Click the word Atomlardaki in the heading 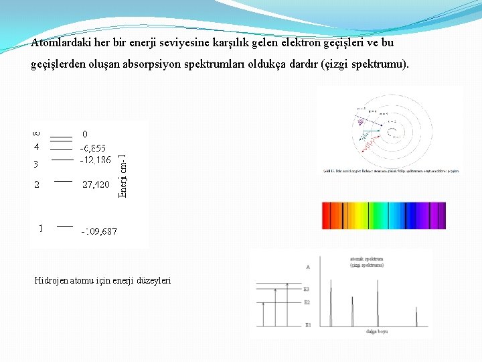pos(60,43)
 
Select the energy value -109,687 pos(99,231)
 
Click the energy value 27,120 pos(96,184)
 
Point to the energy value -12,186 pos(95,160)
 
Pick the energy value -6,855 pos(93,147)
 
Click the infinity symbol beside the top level pos(37,134)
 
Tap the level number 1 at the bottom pos(40,228)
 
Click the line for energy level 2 pos(63,180)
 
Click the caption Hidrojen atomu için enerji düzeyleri pos(102,280)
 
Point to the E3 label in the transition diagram pos(307,289)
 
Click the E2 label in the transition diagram pos(307,302)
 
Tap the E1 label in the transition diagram pos(308,325)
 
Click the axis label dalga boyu pos(378,331)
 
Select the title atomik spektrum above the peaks pos(366,259)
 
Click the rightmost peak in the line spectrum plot pos(416,315)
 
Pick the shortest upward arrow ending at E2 pos(264,313)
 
